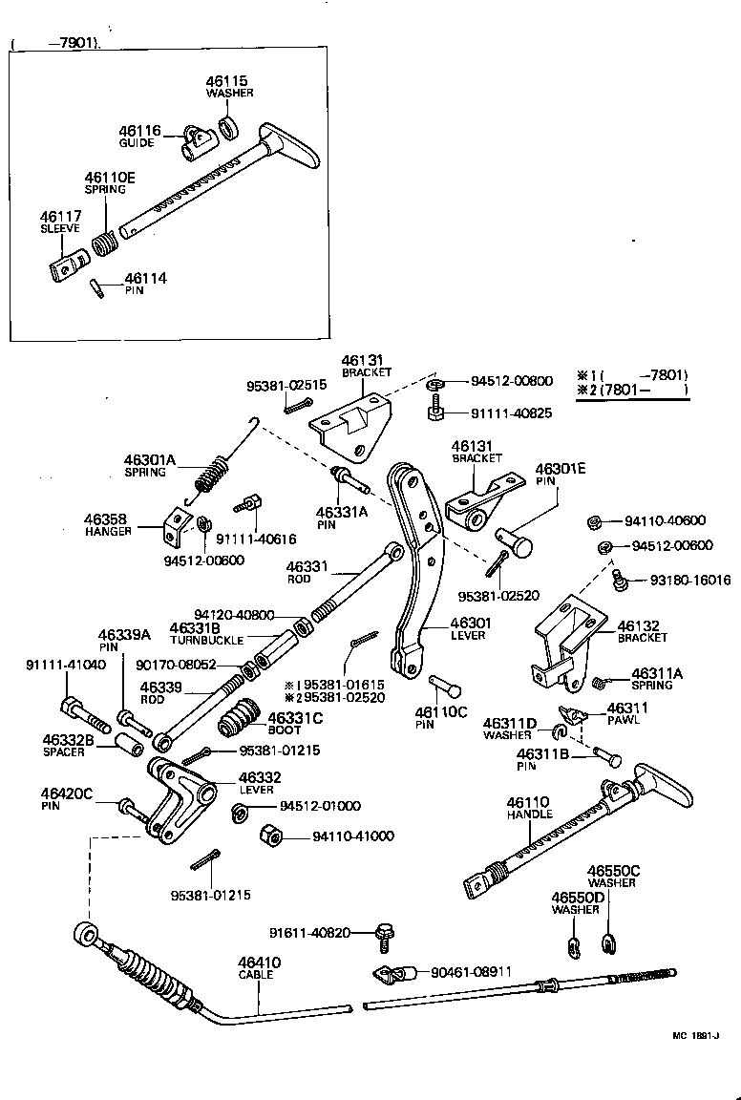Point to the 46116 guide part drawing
click(195, 144)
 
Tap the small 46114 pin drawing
click(96, 287)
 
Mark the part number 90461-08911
click(472, 971)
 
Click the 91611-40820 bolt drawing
click(385, 934)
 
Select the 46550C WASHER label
click(613, 876)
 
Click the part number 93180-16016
click(677, 580)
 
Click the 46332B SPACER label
click(68, 745)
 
